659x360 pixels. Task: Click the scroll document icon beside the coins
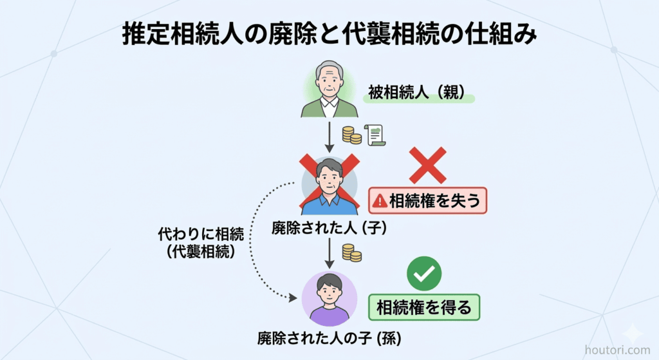[375, 135]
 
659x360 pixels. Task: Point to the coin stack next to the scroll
[351, 135]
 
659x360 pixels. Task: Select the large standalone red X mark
[427, 166]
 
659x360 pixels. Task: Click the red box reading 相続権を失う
[427, 201]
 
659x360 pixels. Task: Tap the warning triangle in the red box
[380, 201]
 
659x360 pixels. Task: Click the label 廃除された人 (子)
[328, 227]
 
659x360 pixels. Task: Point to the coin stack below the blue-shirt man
[351, 252]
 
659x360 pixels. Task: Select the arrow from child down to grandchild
[329, 253]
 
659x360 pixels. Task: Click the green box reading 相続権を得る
[424, 307]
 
